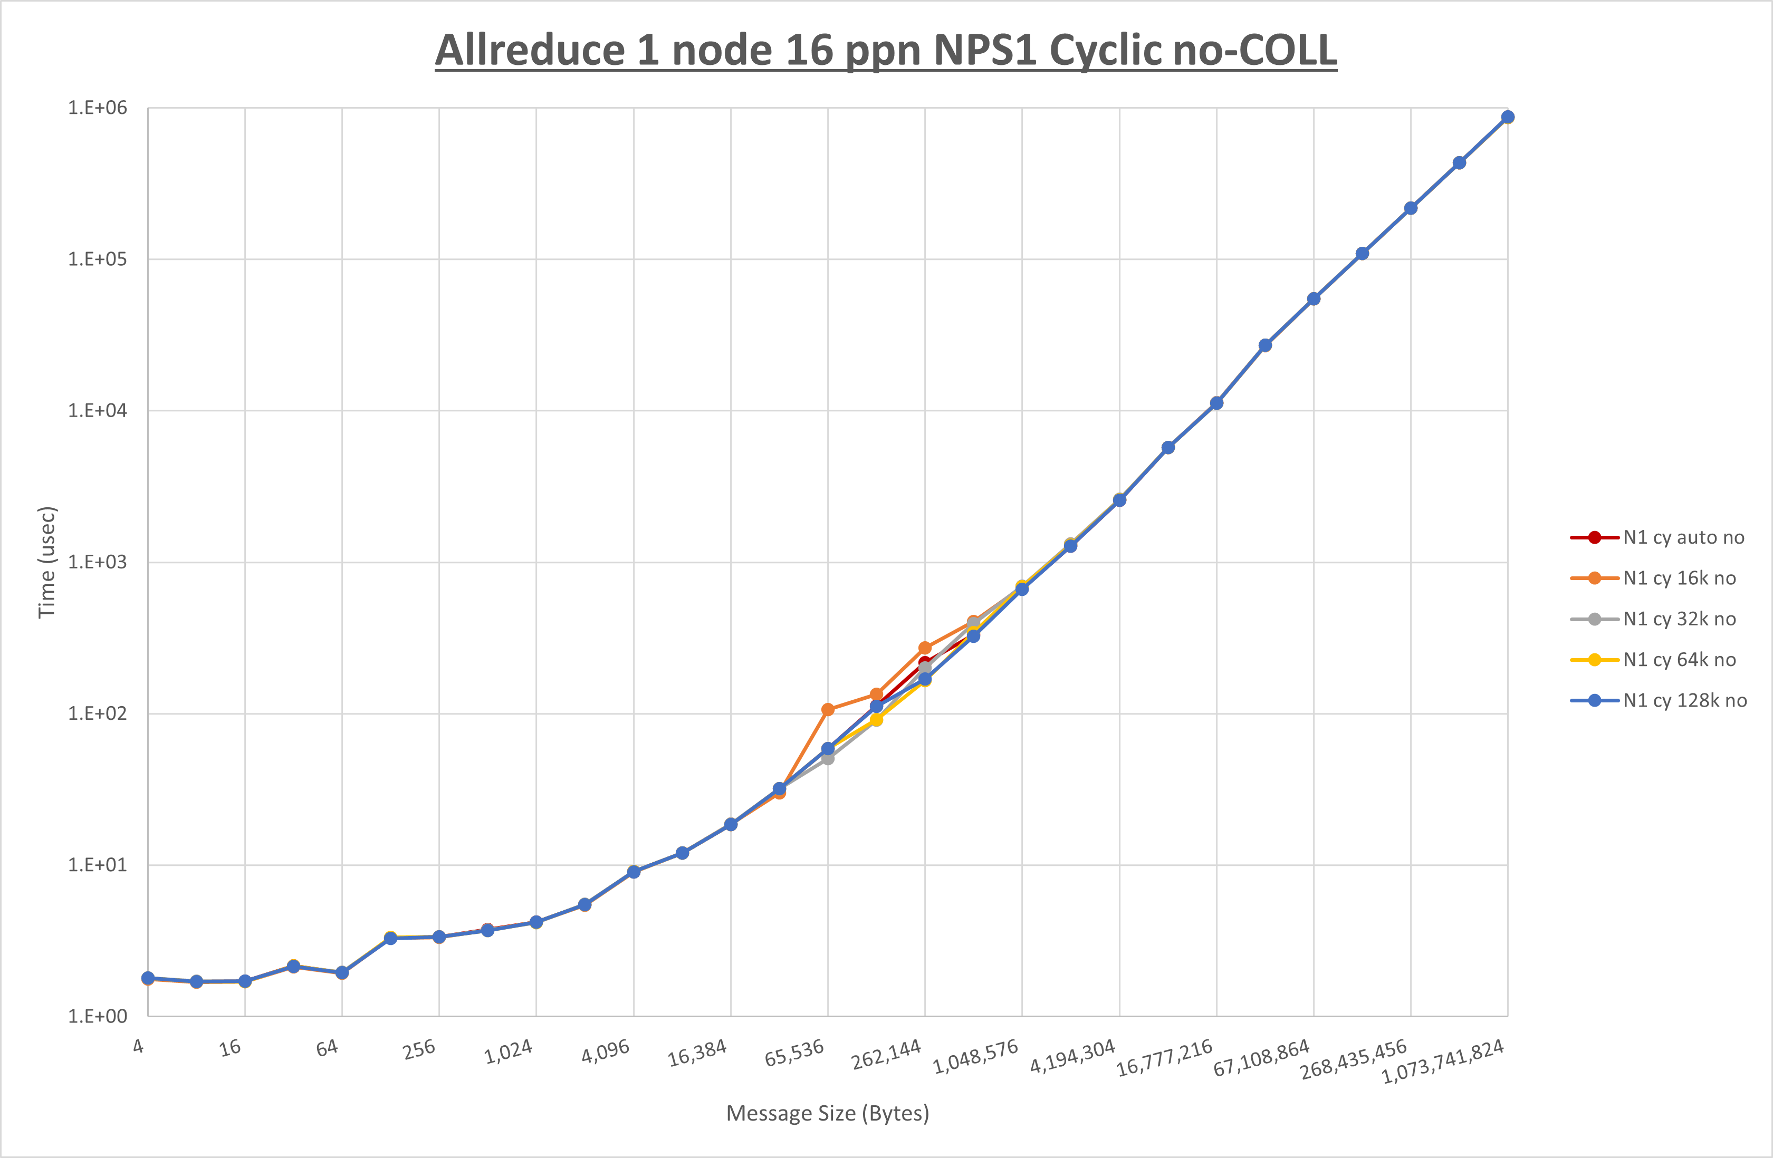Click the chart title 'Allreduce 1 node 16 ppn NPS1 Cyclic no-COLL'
(886, 51)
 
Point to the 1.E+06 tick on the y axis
(98, 108)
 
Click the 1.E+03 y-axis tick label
(98, 562)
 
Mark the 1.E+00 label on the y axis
(98, 1017)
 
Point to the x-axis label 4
(139, 1046)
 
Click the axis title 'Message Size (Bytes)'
(828, 1113)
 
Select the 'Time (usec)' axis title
(47, 562)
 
